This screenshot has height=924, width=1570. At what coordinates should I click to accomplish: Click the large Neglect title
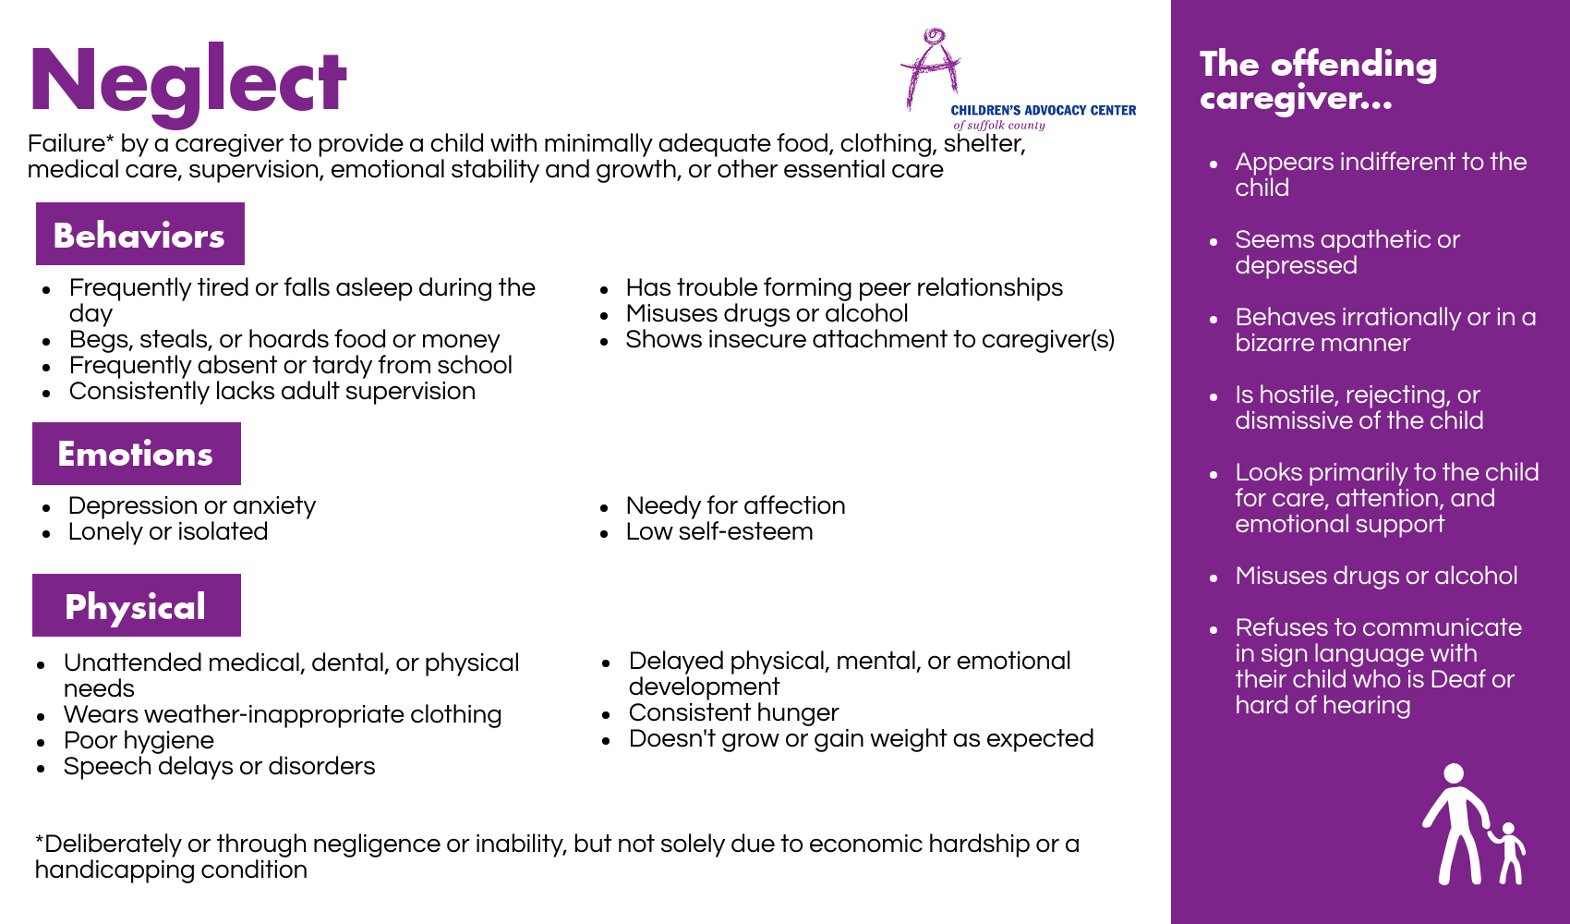coord(187,83)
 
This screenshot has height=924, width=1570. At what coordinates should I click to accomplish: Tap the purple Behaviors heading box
coord(140,234)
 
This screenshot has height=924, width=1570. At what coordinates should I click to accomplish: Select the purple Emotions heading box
coord(137,454)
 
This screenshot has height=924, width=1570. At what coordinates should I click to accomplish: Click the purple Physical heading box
coord(137,605)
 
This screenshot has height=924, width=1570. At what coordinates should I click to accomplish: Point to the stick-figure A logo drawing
coord(931,68)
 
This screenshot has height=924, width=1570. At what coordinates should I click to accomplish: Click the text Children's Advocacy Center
coord(1043,110)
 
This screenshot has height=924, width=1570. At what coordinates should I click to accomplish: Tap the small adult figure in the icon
coord(1455,823)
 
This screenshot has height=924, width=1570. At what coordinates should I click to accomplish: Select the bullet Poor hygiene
coord(139,740)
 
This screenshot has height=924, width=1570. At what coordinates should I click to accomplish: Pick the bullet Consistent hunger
coord(733,712)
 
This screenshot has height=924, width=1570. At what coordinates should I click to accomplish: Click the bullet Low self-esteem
coord(719,531)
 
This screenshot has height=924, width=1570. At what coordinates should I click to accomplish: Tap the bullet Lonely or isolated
coord(168,531)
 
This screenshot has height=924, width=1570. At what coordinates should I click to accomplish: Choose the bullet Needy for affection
coord(735,505)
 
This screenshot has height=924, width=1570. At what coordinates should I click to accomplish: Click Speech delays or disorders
coord(220,766)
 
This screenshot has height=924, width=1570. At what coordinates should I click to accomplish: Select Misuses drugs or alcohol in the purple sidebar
coord(1376,576)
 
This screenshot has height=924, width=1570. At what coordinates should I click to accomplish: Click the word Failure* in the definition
coord(71,143)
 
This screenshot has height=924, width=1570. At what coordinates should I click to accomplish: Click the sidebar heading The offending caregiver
coord(1319,80)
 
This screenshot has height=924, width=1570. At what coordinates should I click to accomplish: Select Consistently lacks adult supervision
coord(272,391)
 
